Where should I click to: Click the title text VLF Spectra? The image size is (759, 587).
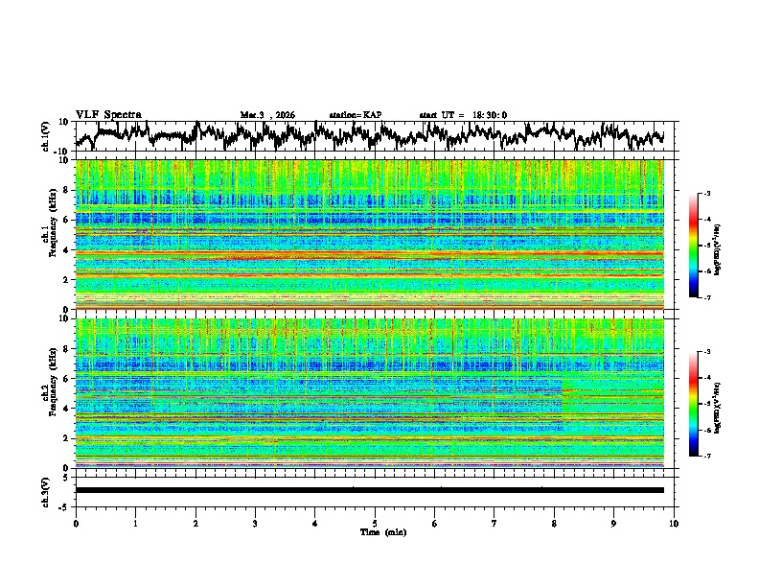[x=108, y=114]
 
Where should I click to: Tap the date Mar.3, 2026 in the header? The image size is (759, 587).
[x=267, y=115]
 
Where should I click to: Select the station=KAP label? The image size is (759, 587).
[x=356, y=115]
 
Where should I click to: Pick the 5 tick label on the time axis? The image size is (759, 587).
[x=375, y=523]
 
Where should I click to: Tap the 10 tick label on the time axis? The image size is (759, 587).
[x=674, y=523]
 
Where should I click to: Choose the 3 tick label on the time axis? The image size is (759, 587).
[x=255, y=523]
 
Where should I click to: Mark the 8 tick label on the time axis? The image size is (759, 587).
[x=554, y=523]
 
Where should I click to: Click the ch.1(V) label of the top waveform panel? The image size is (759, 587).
[x=46, y=136]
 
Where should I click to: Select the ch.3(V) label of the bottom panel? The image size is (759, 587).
[x=46, y=489]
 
